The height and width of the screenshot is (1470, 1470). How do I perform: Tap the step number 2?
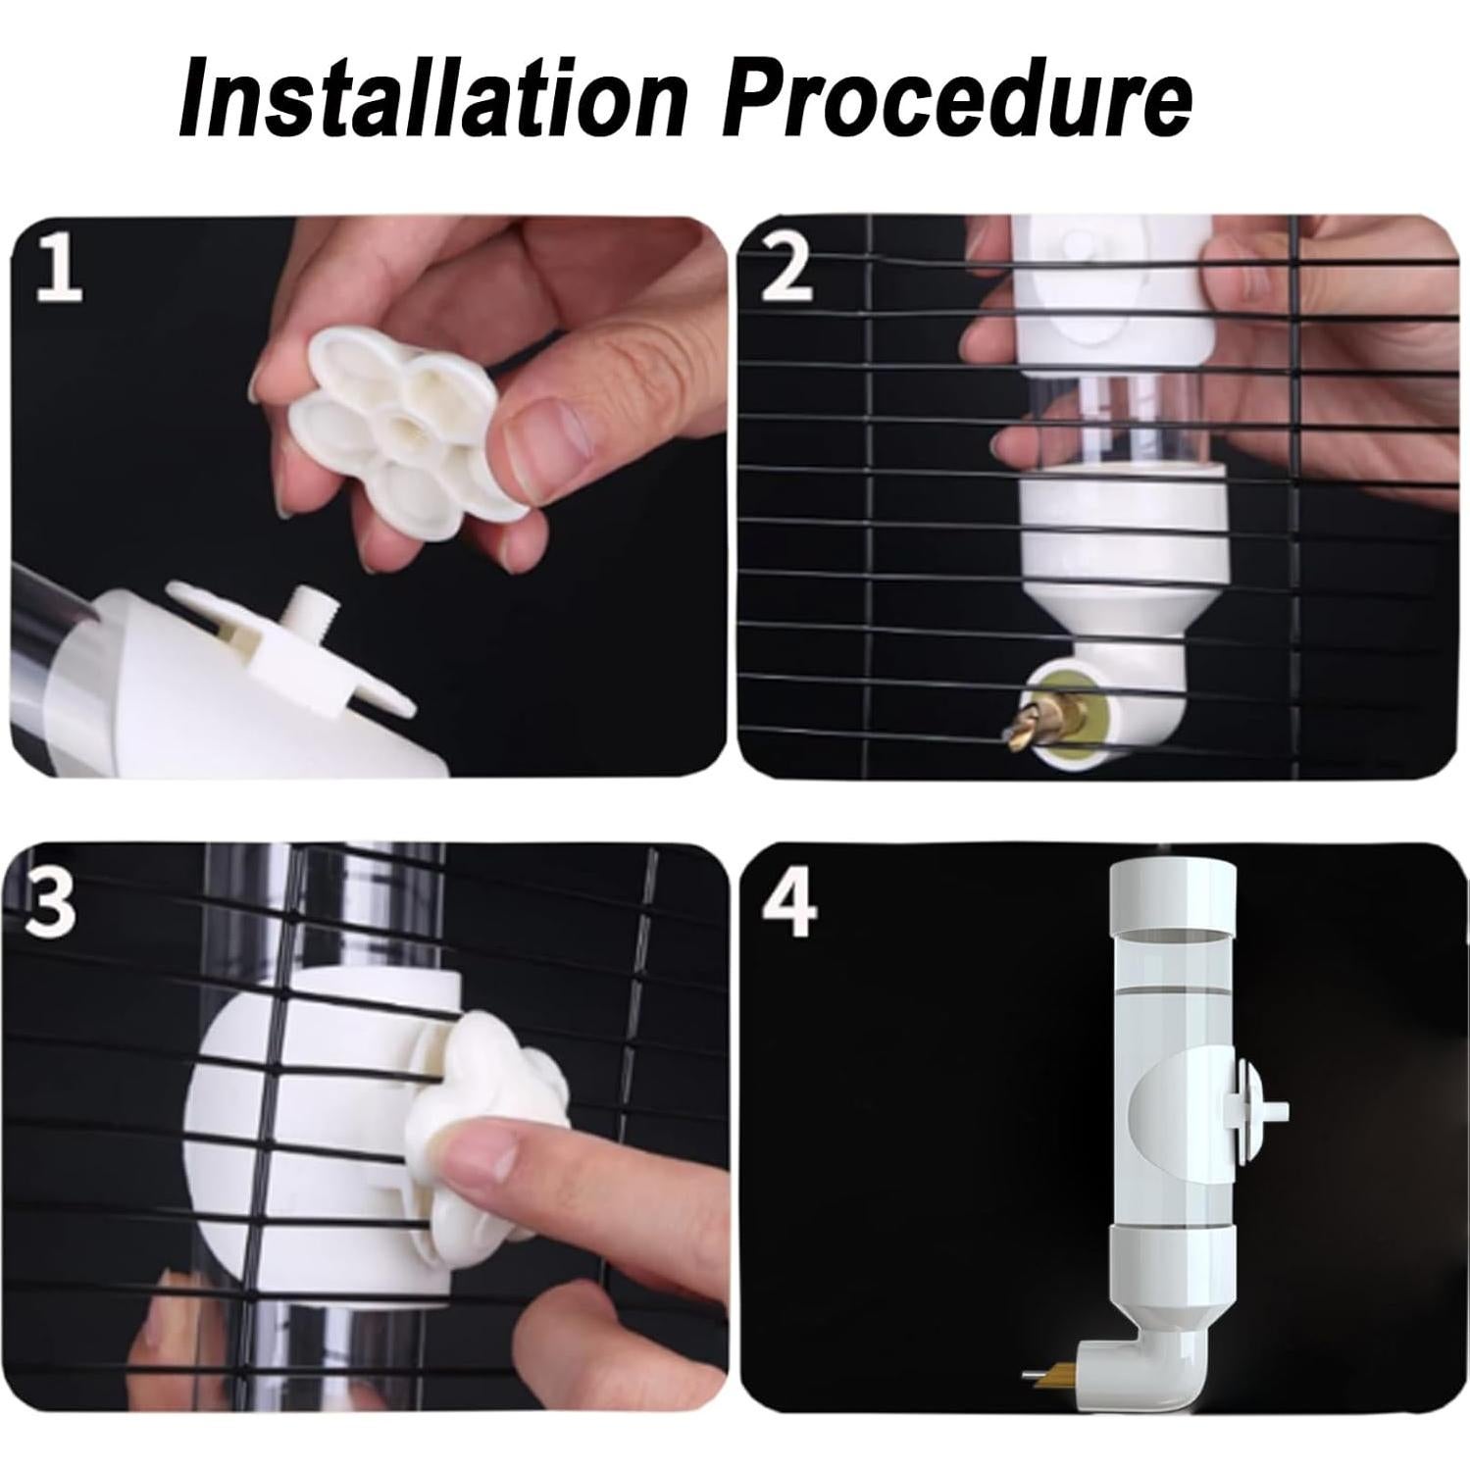click(787, 268)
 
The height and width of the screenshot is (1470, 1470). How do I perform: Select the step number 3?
click(50, 903)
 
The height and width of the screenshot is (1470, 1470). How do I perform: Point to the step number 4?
click(789, 903)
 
